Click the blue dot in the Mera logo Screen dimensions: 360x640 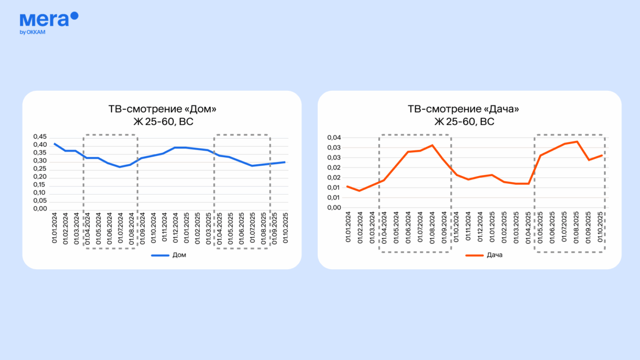click(75, 16)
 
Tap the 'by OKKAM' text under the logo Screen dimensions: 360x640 click(32, 32)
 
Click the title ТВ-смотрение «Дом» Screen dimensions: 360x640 click(162, 109)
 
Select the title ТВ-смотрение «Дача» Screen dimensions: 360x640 click(464, 109)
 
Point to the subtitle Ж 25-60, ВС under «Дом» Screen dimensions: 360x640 click(163, 122)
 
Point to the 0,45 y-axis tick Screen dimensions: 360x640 click(40, 136)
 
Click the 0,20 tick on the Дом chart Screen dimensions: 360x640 click(40, 177)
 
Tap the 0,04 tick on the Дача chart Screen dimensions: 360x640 click(334, 138)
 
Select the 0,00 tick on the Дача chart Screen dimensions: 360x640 click(334, 207)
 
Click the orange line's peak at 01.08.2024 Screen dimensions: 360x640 click(432, 145)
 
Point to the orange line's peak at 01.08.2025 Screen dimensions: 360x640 click(577, 142)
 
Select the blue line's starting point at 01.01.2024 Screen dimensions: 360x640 click(54, 144)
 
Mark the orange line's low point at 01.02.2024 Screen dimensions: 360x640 click(359, 190)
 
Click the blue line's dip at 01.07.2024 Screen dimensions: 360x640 click(120, 167)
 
